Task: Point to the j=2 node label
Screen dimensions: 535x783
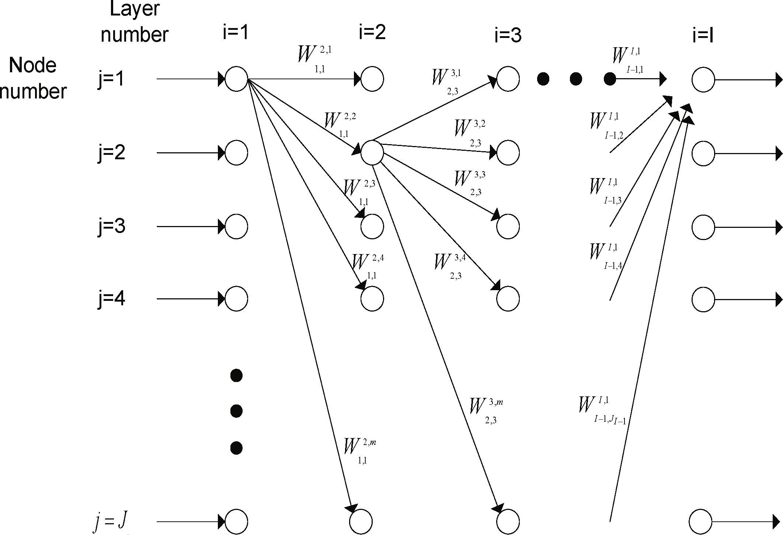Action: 112,152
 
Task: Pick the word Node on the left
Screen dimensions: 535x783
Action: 32,66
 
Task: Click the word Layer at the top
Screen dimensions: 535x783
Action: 135,9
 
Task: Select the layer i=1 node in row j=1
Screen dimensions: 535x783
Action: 236,79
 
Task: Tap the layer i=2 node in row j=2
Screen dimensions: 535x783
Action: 372,153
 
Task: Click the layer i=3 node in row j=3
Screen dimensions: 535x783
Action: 508,226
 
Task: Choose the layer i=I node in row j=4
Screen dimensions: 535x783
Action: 703,299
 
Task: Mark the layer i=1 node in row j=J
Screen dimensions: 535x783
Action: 236,521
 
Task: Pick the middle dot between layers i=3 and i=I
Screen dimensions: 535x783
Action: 576,79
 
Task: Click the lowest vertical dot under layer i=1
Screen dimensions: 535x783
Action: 236,448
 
